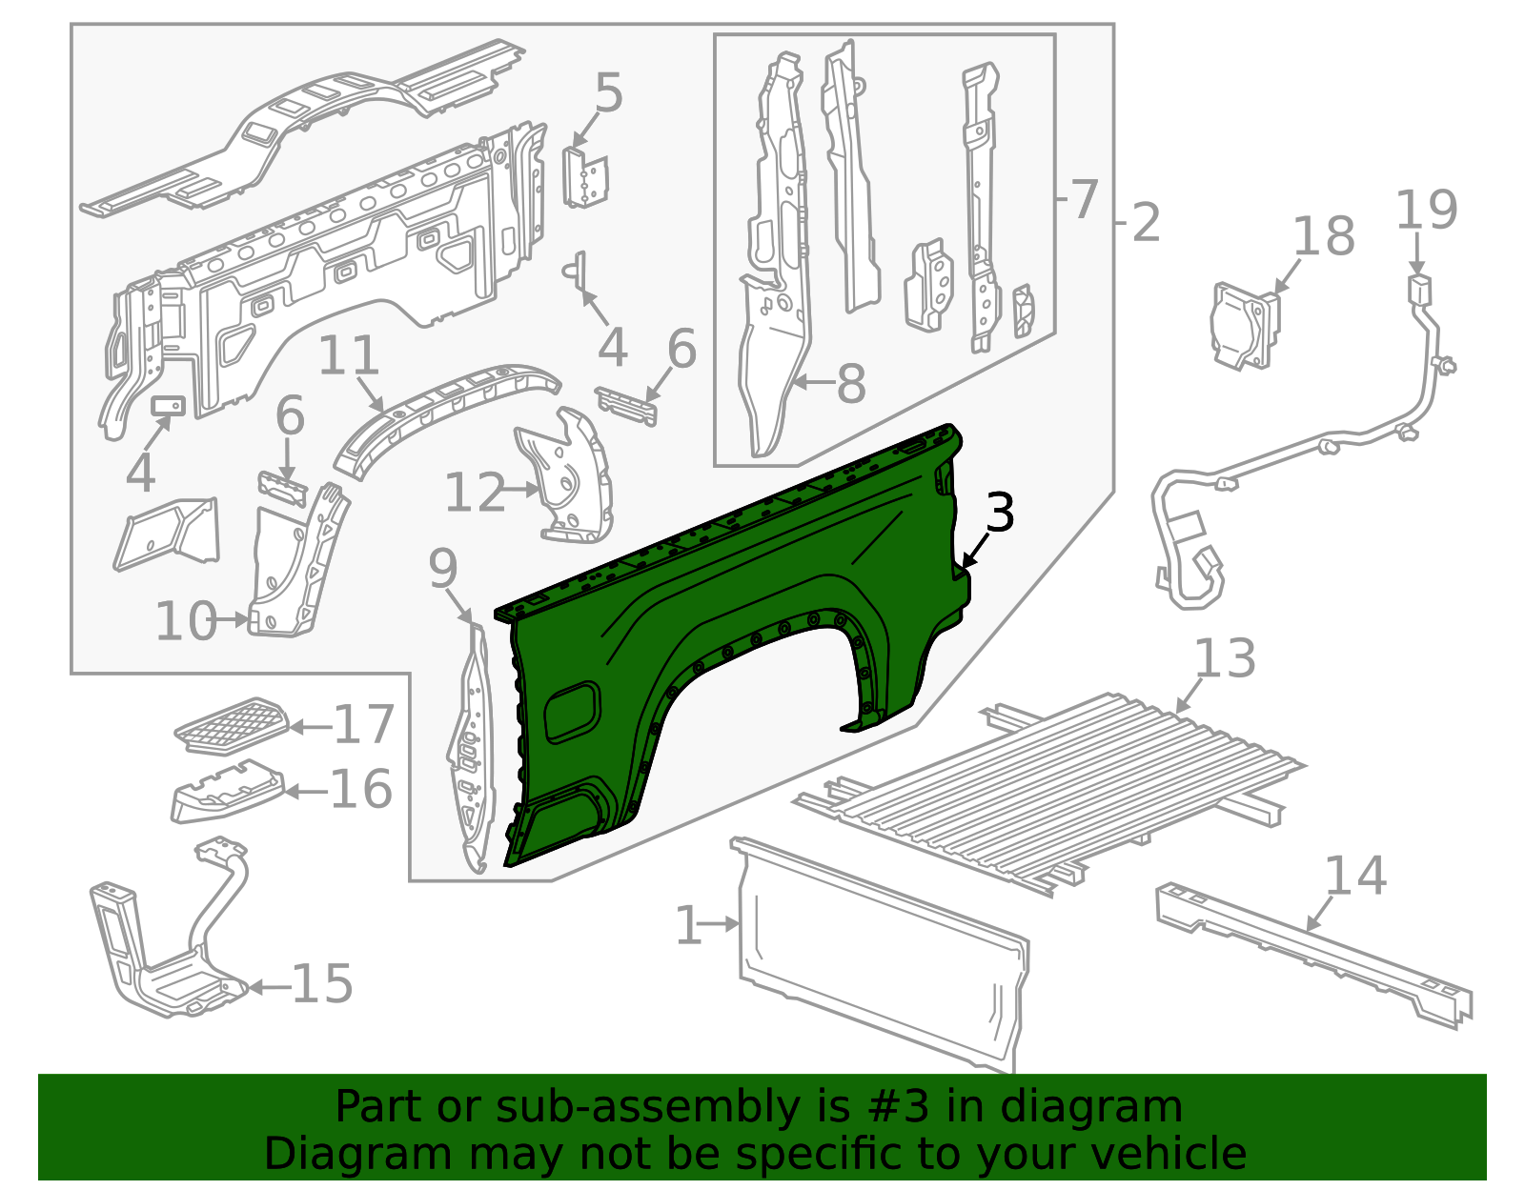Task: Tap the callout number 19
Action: (x=1426, y=212)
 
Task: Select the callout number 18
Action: (x=1324, y=236)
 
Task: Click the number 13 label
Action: (x=1225, y=659)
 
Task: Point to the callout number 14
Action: (x=1355, y=877)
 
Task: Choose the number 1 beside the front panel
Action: (x=688, y=925)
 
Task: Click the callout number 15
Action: (x=322, y=984)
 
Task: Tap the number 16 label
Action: (x=360, y=790)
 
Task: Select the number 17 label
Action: (x=363, y=726)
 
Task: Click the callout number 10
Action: (x=187, y=621)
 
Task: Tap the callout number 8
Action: (x=851, y=383)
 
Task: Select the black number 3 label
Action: (x=999, y=513)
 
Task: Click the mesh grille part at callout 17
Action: (x=232, y=726)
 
